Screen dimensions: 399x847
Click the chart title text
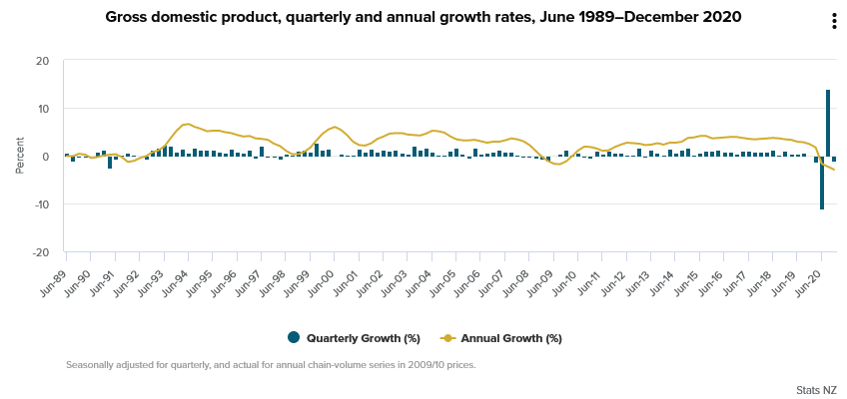[423, 17]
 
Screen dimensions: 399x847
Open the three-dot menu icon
[834, 22]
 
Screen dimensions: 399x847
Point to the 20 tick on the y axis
[43, 61]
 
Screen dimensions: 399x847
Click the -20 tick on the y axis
[41, 252]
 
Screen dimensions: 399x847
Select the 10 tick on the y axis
[43, 109]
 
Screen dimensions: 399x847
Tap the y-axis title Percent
[20, 157]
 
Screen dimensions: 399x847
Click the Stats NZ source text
[816, 388]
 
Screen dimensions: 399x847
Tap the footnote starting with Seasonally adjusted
[271, 364]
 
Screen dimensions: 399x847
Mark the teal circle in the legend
[293, 338]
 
